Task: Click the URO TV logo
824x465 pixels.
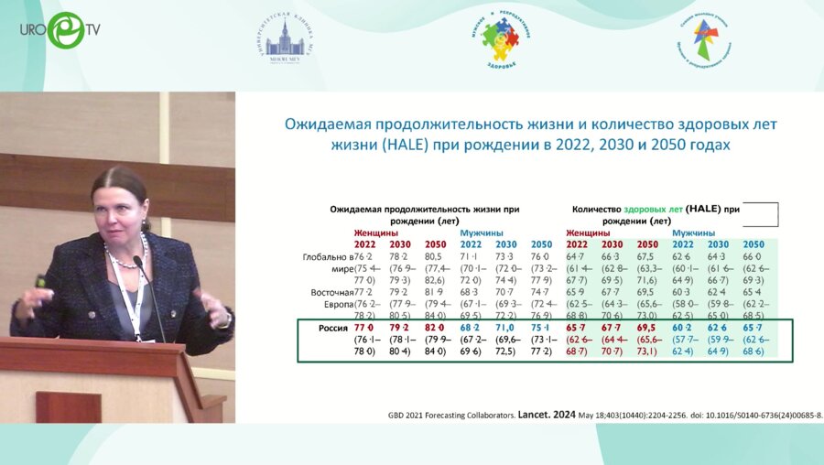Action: [60, 30]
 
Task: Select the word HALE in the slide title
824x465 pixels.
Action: [386, 145]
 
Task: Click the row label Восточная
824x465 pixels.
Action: [327, 292]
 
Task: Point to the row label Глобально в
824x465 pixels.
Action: [328, 257]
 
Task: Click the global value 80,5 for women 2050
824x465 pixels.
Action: [435, 257]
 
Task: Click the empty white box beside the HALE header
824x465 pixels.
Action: [760, 214]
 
